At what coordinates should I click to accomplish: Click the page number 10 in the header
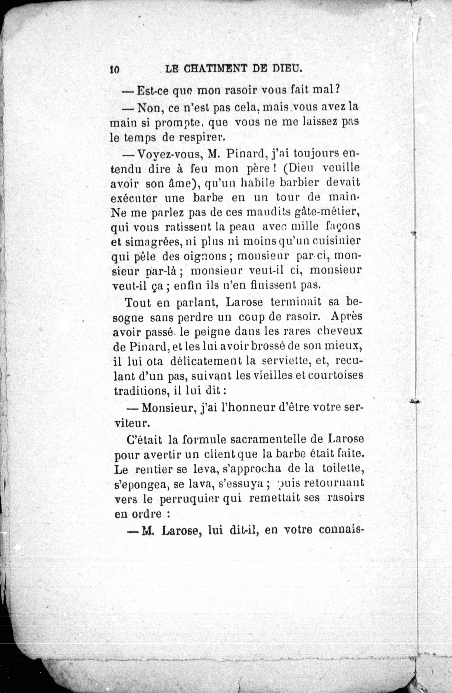pyautogui.click(x=115, y=70)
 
